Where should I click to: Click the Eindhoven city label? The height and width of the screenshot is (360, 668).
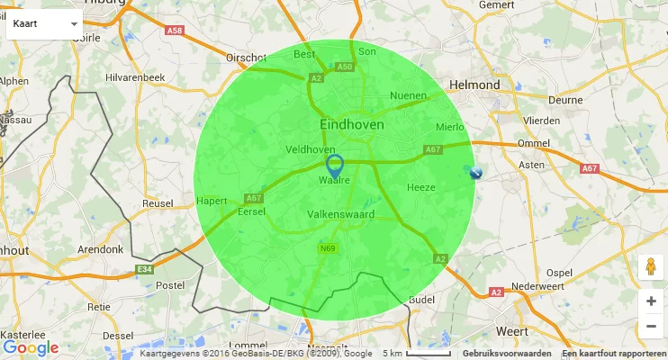[352, 124]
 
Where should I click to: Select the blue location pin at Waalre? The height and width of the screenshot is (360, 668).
[335, 165]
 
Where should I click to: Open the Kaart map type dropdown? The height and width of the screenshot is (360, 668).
[44, 23]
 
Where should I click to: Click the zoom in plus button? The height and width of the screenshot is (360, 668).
[651, 301]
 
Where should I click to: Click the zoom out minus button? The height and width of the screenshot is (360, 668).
[651, 327]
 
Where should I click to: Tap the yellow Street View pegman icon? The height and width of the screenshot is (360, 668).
[650, 267]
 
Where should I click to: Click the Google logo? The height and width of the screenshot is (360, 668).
[31, 348]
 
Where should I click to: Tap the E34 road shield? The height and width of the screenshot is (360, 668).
[144, 269]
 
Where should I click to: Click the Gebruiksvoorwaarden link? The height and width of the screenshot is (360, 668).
[507, 353]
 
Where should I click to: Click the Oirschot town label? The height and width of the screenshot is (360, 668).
[247, 57]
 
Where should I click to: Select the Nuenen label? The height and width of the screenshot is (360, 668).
[409, 95]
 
